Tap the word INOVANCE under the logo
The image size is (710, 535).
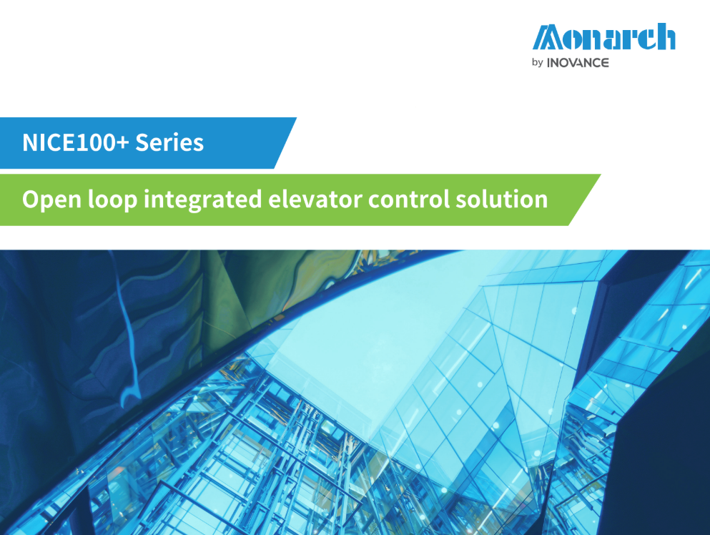pyautogui.click(x=578, y=62)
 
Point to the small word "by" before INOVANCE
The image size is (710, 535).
pyautogui.click(x=538, y=62)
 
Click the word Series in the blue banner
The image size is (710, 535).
pyautogui.click(x=169, y=142)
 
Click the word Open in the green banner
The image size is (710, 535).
pyautogui.click(x=51, y=200)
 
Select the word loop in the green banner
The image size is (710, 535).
pyautogui.click(x=112, y=200)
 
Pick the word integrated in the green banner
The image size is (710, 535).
pyautogui.click(x=202, y=200)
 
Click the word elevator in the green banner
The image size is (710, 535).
pyautogui.click(x=315, y=199)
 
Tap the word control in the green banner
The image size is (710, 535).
pyautogui.click(x=409, y=199)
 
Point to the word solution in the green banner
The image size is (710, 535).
pyautogui.click(x=502, y=199)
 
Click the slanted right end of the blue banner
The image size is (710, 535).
pyautogui.click(x=285, y=143)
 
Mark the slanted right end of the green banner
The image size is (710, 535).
pyautogui.click(x=585, y=200)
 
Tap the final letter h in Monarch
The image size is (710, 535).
pyautogui.click(x=665, y=36)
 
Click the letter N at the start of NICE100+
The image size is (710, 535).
pyautogui.click(x=30, y=143)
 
